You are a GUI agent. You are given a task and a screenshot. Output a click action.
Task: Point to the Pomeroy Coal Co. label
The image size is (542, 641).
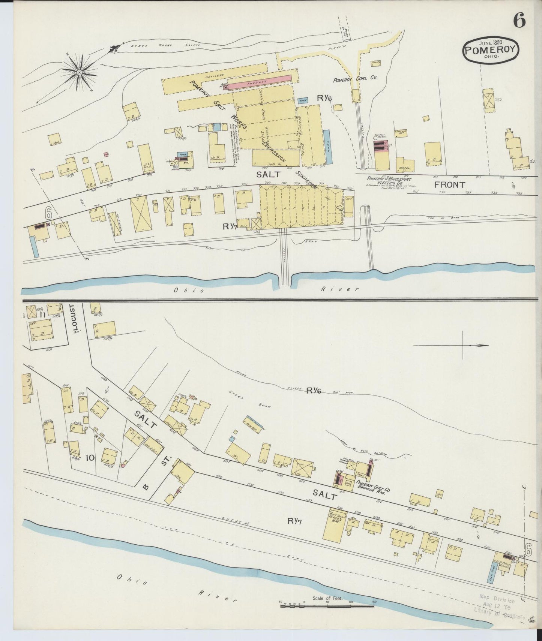point(355,79)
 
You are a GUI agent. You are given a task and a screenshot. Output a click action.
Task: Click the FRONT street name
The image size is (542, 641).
point(450,184)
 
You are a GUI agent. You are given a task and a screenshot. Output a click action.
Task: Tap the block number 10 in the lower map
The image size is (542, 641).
point(90,457)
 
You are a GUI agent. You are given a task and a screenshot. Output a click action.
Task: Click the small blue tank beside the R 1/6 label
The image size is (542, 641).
point(302,100)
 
